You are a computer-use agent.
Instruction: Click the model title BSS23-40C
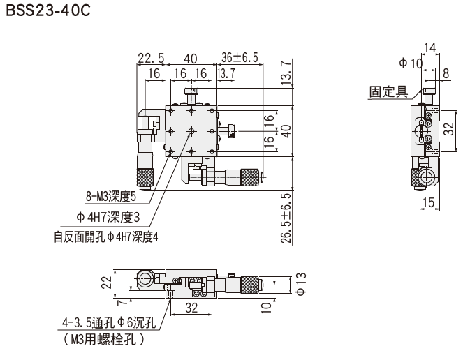point(48,11)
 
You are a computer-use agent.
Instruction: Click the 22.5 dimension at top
point(151,58)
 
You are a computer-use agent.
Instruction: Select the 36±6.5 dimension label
point(240,57)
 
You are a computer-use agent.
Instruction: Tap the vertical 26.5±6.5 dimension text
point(286,218)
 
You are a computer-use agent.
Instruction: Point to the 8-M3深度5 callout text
point(111,197)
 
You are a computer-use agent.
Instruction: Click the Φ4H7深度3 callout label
point(108,218)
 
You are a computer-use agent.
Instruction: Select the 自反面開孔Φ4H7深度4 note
point(106,237)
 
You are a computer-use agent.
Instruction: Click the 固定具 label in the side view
point(388,91)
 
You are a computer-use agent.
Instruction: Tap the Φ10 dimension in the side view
point(411,63)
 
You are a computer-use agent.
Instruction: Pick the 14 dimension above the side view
point(430,47)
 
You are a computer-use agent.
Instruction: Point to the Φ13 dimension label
point(301,284)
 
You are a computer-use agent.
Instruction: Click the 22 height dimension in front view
point(106,282)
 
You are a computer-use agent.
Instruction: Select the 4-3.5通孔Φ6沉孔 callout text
point(109,322)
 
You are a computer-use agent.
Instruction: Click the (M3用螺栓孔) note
point(104,340)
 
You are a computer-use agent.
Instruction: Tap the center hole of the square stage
point(191,131)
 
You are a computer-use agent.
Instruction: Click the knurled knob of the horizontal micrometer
point(249,177)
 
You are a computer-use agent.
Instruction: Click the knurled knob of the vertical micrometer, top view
point(145,177)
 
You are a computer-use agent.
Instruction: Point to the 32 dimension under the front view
point(191,308)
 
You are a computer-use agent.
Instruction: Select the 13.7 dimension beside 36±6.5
point(226,73)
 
